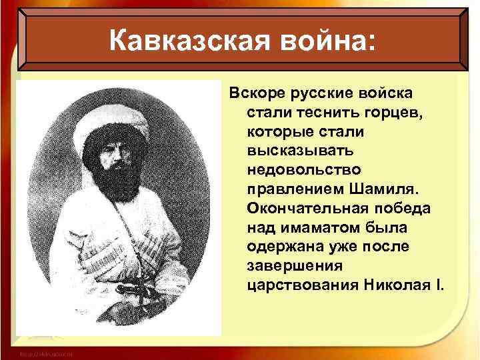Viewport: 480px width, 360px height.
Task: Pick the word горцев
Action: point(394,109)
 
